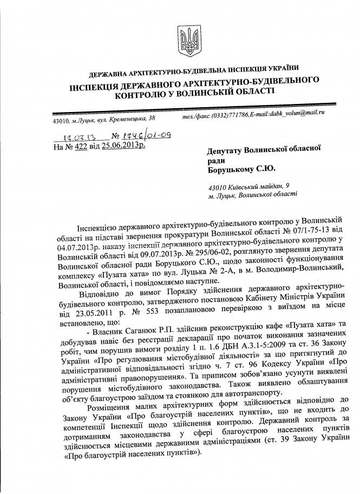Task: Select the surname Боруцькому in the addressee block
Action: click(235, 169)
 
